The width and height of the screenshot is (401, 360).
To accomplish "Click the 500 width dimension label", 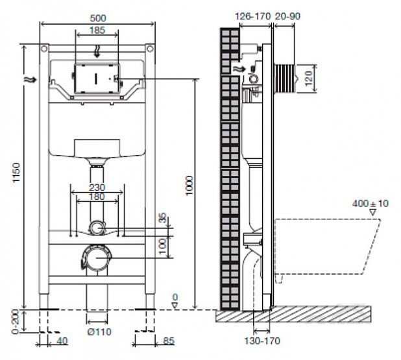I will (x=97, y=17).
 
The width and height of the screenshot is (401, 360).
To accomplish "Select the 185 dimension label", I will (x=97, y=30).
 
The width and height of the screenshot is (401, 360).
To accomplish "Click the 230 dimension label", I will (x=97, y=188).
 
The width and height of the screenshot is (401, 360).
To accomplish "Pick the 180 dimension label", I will (x=97, y=197).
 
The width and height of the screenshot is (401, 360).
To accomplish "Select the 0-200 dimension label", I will (x=14, y=318).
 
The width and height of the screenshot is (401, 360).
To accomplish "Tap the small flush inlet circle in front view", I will (x=97, y=227).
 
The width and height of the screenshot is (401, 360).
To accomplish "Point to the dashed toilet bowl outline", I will (x=324, y=250).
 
